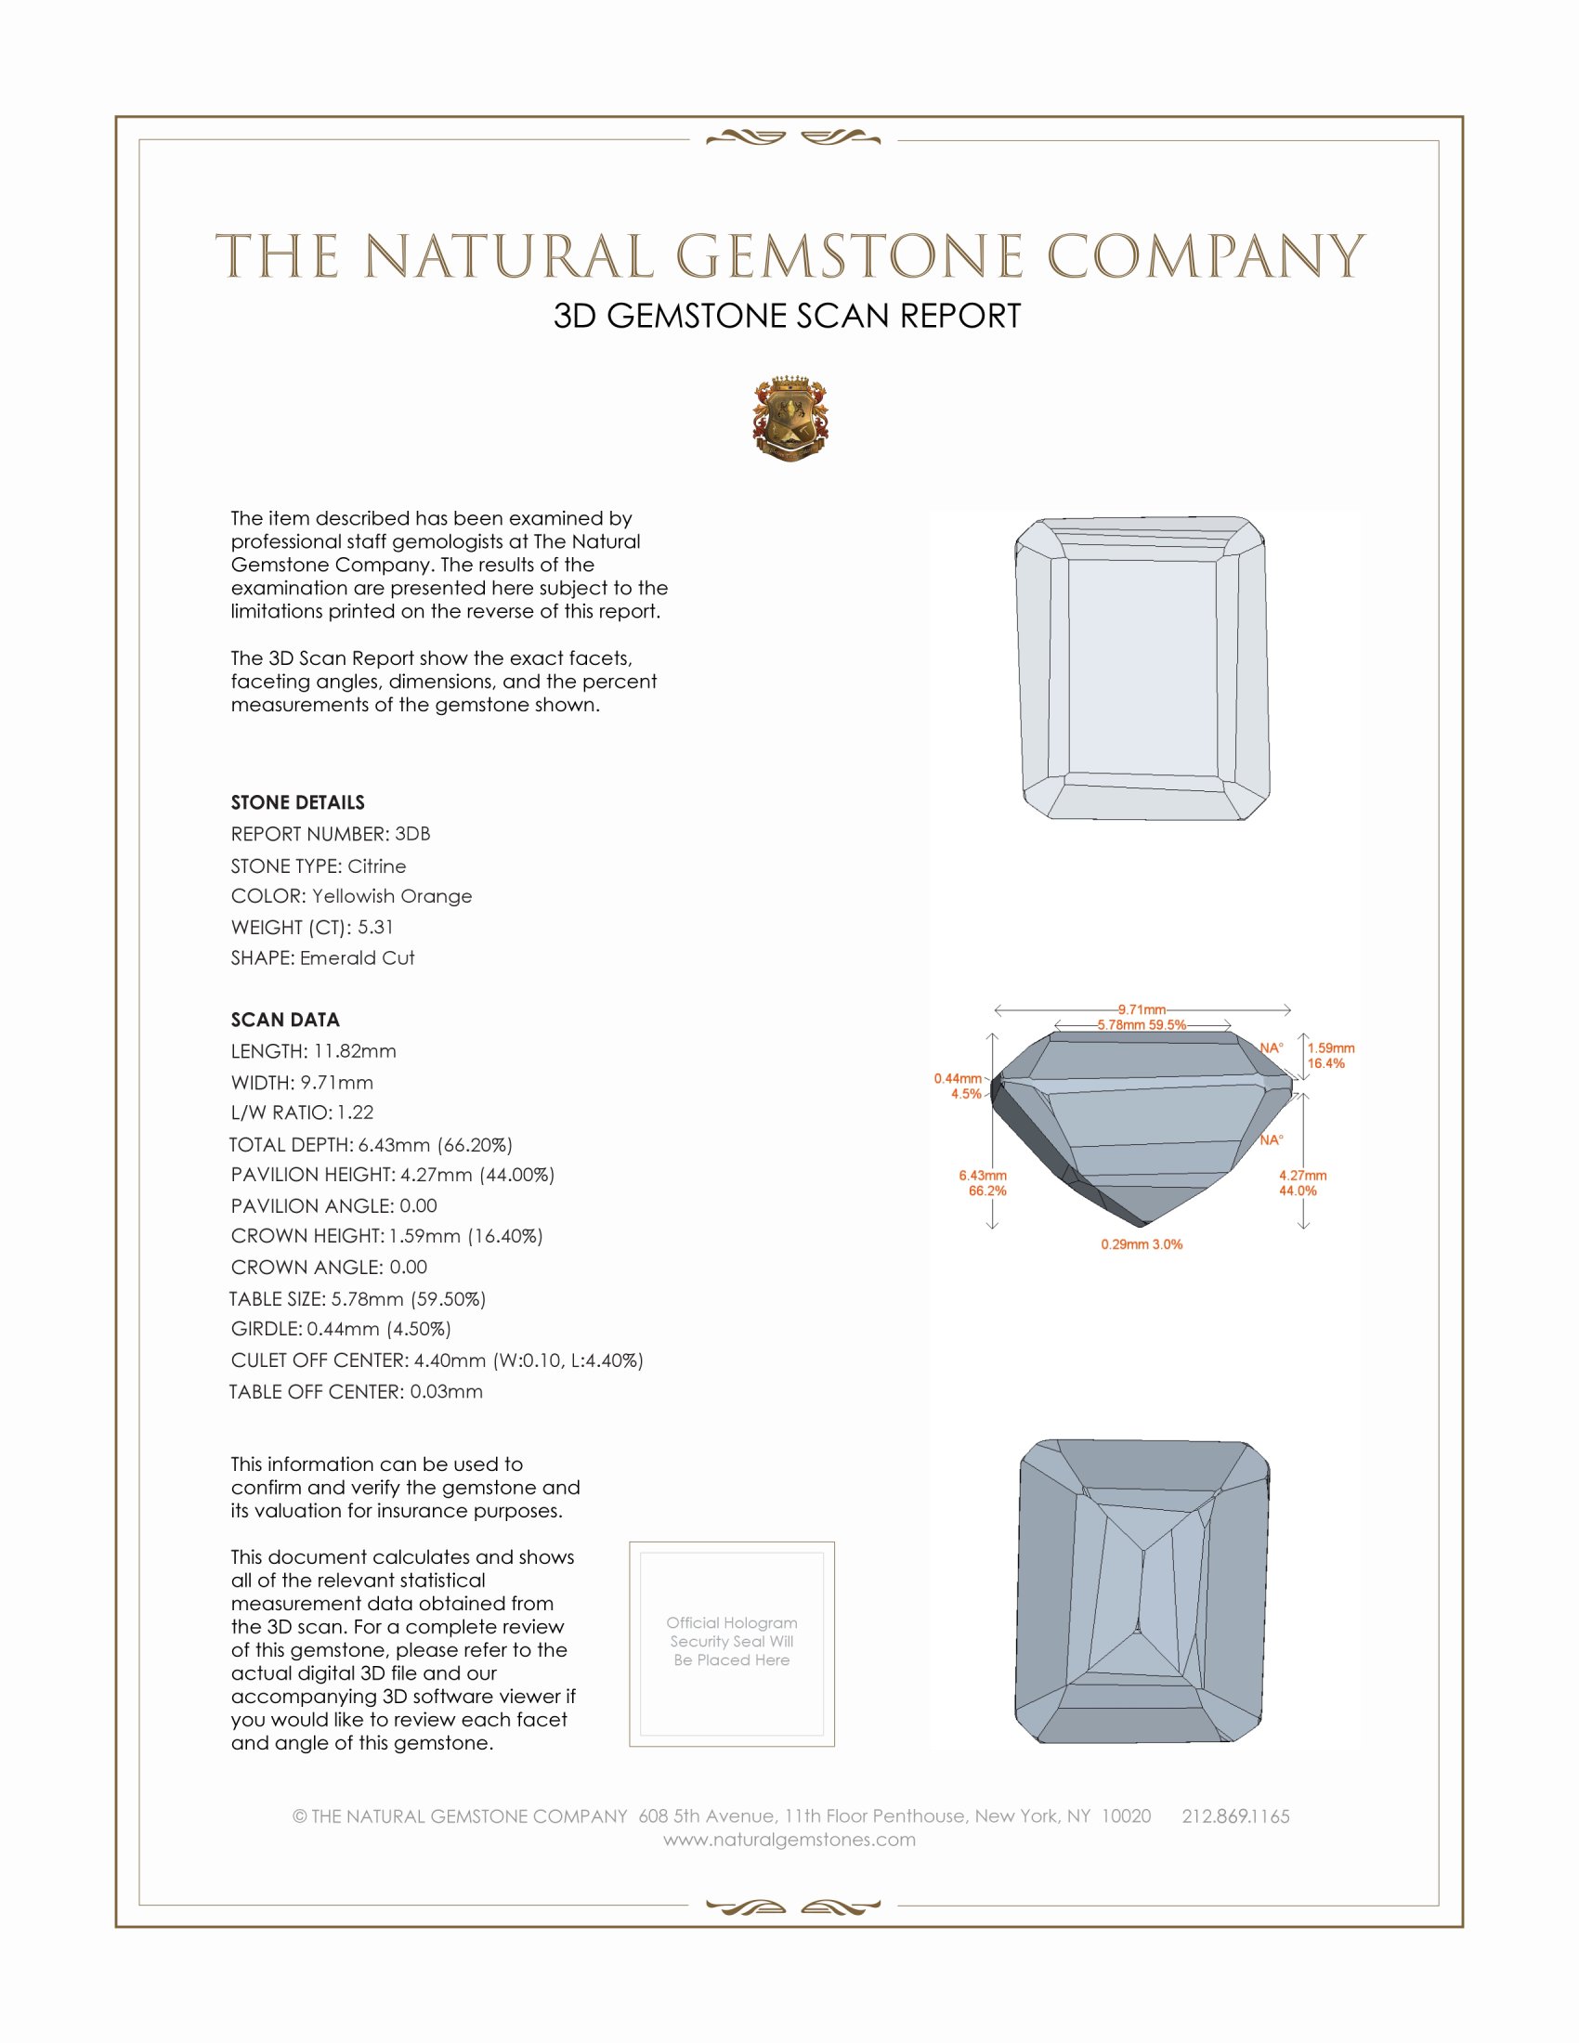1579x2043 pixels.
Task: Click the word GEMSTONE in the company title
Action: pyautogui.click(x=849, y=256)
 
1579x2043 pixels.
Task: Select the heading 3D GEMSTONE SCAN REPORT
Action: pyautogui.click(x=787, y=316)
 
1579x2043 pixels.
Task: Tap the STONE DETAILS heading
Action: pyautogui.click(x=297, y=802)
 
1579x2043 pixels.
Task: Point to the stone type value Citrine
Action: pyautogui.click(x=376, y=866)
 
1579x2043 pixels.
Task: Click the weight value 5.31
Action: pyautogui.click(x=375, y=927)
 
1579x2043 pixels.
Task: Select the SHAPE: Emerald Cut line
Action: pyautogui.click(x=322, y=958)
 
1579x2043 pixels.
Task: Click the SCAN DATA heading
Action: pyautogui.click(x=285, y=1020)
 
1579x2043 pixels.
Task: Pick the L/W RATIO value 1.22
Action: pyautogui.click(x=356, y=1113)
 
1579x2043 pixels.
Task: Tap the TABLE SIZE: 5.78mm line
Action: pyautogui.click(x=358, y=1298)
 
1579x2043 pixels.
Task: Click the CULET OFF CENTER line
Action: pyautogui.click(x=437, y=1360)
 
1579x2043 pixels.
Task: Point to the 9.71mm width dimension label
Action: pyautogui.click(x=1142, y=1009)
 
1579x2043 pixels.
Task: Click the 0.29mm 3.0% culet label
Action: pyautogui.click(x=1142, y=1244)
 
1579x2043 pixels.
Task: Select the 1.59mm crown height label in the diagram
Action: pyautogui.click(x=1330, y=1048)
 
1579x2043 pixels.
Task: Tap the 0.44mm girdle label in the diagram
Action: pyautogui.click(x=958, y=1078)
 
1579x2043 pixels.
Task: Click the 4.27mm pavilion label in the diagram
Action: pyautogui.click(x=1302, y=1176)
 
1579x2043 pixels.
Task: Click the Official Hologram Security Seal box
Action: pyautogui.click(x=732, y=1644)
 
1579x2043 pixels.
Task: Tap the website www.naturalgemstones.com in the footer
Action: pyautogui.click(x=789, y=1839)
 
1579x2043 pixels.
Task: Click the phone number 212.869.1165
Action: pyautogui.click(x=1234, y=1815)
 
